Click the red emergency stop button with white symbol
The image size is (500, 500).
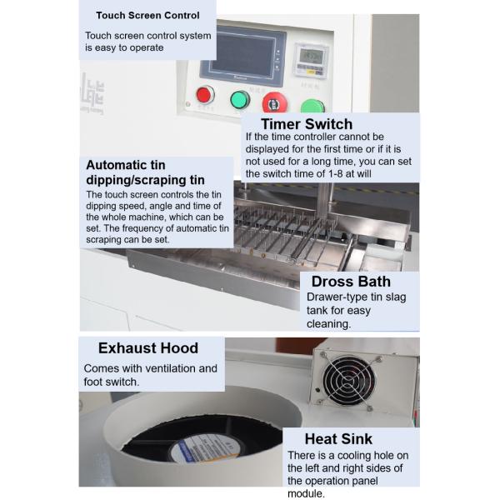tap(274, 102)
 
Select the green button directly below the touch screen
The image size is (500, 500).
tap(240, 99)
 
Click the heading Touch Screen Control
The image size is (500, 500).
tap(147, 15)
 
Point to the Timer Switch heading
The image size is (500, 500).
tap(307, 124)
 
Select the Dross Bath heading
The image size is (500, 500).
tap(351, 282)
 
